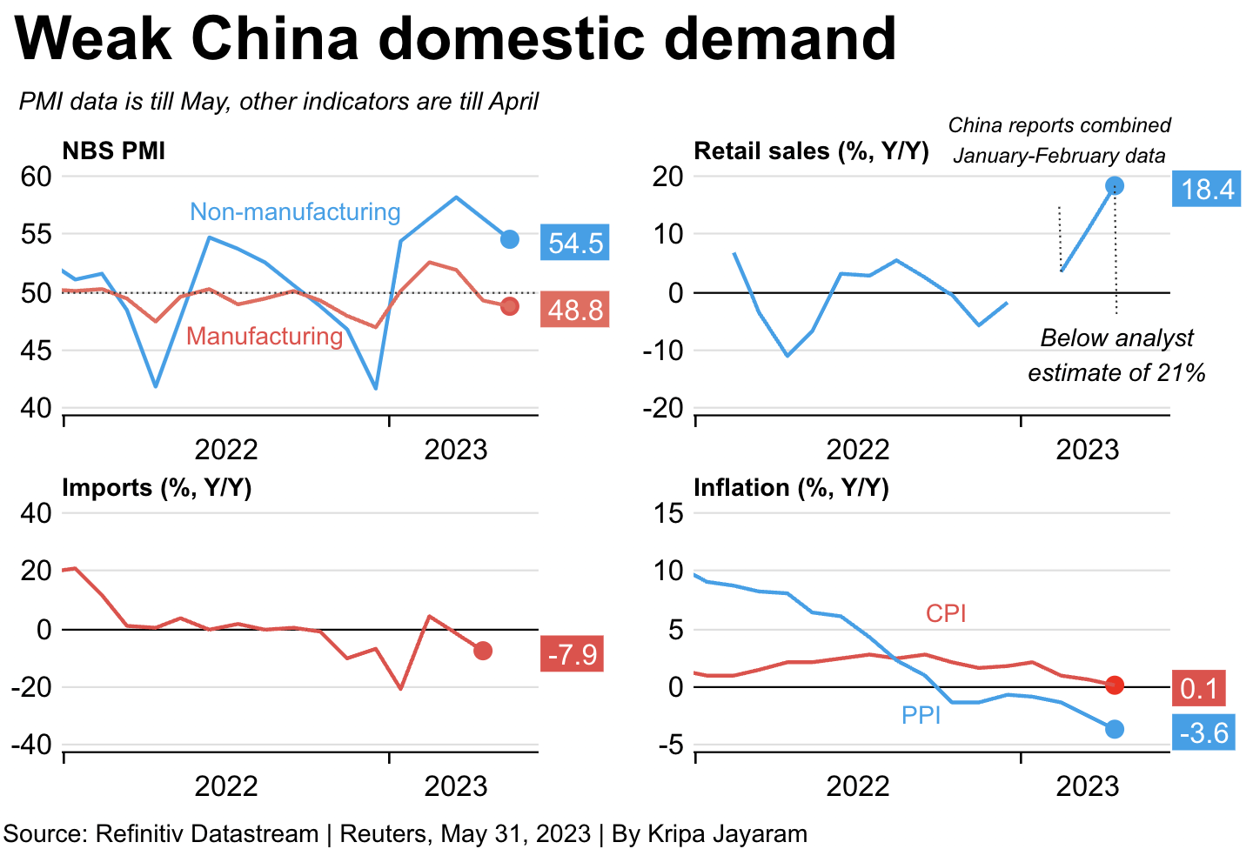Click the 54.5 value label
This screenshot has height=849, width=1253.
(574, 243)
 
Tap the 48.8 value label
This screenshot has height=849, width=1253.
(574, 310)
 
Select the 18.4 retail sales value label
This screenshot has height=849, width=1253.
(1206, 189)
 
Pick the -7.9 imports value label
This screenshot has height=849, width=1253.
(572, 654)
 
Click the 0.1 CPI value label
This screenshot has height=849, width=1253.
(1198, 688)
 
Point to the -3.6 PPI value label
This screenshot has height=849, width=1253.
(1203, 732)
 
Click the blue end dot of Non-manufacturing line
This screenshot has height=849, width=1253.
(510, 239)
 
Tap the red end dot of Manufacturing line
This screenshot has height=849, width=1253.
(510, 306)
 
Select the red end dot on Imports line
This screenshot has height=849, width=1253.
(483, 651)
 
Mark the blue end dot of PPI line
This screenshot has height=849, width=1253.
(1115, 729)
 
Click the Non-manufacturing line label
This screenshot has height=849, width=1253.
(295, 212)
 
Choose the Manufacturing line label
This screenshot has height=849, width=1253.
(265, 336)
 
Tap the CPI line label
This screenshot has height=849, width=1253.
(946, 613)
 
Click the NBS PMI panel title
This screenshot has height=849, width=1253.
(113, 151)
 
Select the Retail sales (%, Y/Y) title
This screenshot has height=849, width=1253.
(812, 151)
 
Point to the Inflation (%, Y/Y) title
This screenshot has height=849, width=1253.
(792, 488)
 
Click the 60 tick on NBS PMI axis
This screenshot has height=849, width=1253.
(36, 177)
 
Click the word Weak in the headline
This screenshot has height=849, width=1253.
(93, 38)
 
